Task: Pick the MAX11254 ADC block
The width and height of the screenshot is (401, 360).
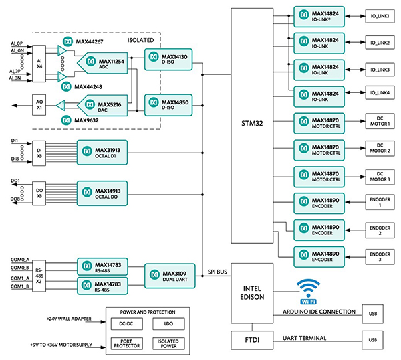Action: [x=108, y=64]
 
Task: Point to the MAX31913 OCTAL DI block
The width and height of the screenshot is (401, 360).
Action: [x=102, y=150]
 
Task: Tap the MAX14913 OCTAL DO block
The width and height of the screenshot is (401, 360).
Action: [x=102, y=191]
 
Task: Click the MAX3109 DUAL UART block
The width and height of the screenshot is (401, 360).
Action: [x=170, y=276]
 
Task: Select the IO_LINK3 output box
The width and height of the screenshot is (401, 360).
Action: [x=378, y=70]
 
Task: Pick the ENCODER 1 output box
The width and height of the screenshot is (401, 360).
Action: [x=378, y=201]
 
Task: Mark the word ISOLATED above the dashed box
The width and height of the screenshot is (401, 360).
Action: [x=142, y=40]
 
